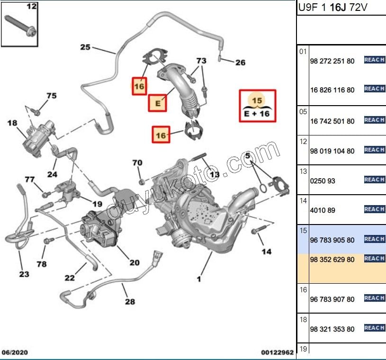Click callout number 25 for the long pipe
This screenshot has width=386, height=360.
pos(85,47)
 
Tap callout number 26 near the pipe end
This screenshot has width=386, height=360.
pos(240,62)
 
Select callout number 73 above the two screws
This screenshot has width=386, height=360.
pos(201,61)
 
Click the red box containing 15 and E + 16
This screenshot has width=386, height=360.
pos(257,106)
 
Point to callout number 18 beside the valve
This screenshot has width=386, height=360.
pos(12,123)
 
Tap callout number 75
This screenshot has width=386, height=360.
pos(51,96)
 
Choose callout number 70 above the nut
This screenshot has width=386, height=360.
pos(137,163)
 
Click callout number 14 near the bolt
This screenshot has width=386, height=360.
pos(267,251)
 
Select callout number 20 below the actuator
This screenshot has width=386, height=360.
pos(134,263)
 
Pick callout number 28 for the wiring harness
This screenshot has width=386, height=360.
pos(130,301)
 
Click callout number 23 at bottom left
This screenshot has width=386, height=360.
pos(24,274)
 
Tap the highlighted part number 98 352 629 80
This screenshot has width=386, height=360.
pos(332,260)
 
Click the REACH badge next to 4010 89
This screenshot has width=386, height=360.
pos(374,209)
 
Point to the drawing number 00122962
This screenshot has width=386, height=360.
pos(277,352)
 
